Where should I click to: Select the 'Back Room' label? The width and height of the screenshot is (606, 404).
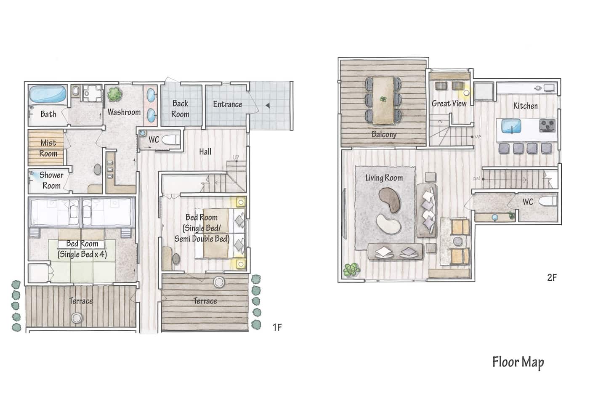click(181, 109)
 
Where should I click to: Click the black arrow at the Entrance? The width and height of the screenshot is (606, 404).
click(268, 105)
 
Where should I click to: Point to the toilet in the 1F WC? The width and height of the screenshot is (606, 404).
click(170, 140)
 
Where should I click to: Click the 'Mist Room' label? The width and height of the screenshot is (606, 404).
click(48, 148)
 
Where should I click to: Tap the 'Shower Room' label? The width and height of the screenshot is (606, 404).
click(51, 180)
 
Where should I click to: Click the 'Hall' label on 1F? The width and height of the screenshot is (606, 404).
click(205, 151)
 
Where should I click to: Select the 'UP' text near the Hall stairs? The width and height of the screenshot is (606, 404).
click(236, 157)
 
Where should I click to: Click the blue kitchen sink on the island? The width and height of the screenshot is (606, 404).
click(511, 126)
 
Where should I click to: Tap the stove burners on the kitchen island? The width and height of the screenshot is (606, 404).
click(547, 125)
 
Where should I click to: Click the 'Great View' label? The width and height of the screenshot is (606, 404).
click(449, 104)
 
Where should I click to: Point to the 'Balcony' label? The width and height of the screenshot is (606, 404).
click(384, 134)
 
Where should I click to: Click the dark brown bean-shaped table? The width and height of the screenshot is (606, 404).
click(390, 200)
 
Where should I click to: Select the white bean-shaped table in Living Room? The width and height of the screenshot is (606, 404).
click(389, 224)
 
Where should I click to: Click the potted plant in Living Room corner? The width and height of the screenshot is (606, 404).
click(351, 270)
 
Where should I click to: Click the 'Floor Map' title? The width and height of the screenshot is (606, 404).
click(518, 362)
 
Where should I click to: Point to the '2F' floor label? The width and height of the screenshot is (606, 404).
click(552, 277)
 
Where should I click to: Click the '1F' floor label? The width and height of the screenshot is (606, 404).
click(277, 327)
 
